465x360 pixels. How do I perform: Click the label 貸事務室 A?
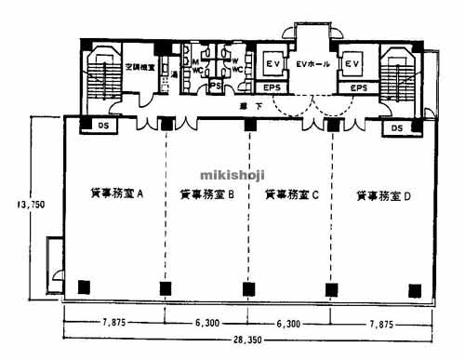coord(116,195)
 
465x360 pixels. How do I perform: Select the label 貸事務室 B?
coord(206,195)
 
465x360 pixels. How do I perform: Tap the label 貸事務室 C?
coord(291,195)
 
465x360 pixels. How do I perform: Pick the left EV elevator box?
coord(273,63)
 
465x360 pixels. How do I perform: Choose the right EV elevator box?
coord(352,63)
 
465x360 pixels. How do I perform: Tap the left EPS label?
coord(272,87)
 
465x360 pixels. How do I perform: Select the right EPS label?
coord(352,87)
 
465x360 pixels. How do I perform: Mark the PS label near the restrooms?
coord(215,87)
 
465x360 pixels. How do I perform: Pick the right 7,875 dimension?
coord(386,323)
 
